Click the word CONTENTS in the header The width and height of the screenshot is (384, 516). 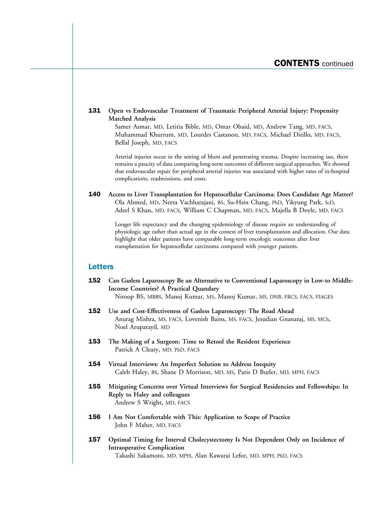click(297, 63)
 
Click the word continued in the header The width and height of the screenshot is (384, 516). click(338, 64)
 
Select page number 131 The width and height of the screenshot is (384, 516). click(94, 111)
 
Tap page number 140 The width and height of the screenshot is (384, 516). click(94, 194)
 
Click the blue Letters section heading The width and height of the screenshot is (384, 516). click(101, 266)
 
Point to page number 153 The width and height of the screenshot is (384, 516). click(94, 341)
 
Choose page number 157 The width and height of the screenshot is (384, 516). click(94, 440)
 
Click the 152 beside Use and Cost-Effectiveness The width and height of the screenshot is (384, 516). click(94, 311)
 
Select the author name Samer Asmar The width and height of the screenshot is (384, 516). click(132, 127)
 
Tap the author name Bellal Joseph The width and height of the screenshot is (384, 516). click(132, 143)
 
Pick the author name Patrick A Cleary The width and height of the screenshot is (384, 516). click(137, 349)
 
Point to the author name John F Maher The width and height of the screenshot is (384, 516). click(134, 425)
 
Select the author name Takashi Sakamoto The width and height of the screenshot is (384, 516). click(139, 456)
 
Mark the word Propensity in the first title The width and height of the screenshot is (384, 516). click(324, 111)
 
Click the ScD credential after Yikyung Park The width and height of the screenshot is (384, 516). click(330, 202)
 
